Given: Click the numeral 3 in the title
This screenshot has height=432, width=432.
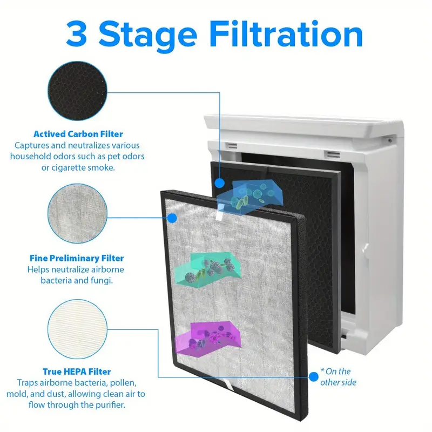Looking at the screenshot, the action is [x=77, y=34].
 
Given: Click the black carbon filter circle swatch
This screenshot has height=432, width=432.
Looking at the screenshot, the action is [x=77, y=91].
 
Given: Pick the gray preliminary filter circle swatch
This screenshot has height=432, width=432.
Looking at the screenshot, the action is [x=77, y=213].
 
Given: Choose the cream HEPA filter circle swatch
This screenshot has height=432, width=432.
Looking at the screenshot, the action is [x=77, y=329].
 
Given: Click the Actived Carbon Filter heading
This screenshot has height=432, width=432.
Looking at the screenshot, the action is [x=78, y=134].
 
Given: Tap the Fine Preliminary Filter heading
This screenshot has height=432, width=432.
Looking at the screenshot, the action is [x=77, y=258].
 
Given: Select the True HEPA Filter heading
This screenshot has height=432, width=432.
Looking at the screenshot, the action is [x=77, y=372].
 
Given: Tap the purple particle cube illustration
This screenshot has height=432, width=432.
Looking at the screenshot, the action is [x=207, y=340].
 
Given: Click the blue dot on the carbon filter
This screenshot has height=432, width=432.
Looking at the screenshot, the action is [x=220, y=183].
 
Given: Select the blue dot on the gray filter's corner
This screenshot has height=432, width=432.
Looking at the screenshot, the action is [x=172, y=218].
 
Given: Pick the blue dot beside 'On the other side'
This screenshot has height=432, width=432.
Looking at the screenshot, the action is [x=314, y=376].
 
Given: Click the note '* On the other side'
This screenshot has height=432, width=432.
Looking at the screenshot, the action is [x=338, y=376].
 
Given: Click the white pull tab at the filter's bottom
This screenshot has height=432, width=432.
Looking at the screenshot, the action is [x=228, y=384].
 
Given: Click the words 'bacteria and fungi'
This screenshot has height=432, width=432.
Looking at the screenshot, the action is [x=77, y=280].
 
